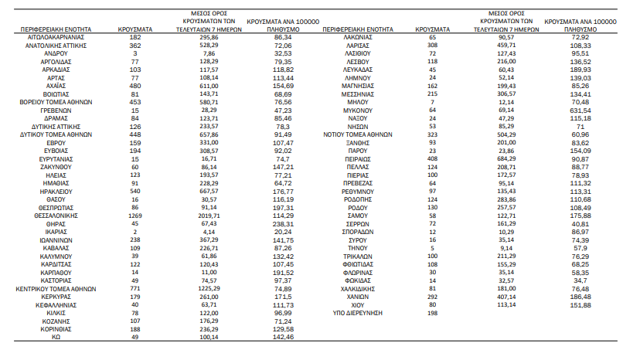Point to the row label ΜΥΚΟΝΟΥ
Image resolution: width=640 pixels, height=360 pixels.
tap(358, 110)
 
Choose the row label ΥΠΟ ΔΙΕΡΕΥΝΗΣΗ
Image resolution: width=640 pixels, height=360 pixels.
tap(358, 313)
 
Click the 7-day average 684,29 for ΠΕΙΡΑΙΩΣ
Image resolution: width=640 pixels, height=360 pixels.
tap(506, 159)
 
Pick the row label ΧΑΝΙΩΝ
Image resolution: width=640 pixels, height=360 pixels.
tap(358, 297)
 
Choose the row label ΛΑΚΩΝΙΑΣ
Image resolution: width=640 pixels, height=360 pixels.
tap(358, 37)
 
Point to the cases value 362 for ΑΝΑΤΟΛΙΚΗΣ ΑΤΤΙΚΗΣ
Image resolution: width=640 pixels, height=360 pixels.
tap(135, 46)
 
